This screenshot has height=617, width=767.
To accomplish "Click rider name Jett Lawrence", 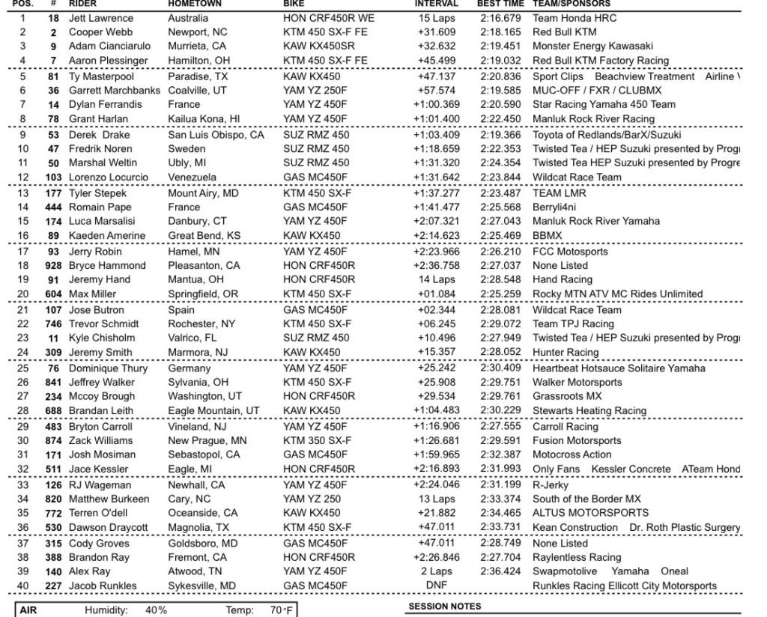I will (x=100, y=18).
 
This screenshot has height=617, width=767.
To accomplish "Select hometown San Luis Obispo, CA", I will (x=216, y=136).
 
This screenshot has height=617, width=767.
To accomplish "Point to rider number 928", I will (x=53, y=266).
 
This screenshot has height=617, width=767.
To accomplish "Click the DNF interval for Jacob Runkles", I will (x=436, y=586).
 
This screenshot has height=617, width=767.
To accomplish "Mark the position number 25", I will (x=23, y=368).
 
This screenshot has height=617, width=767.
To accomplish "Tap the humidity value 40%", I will (x=156, y=610).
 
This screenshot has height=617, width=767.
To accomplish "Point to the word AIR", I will (x=28, y=610).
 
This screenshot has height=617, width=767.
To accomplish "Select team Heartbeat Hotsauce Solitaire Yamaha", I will (x=618, y=368).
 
